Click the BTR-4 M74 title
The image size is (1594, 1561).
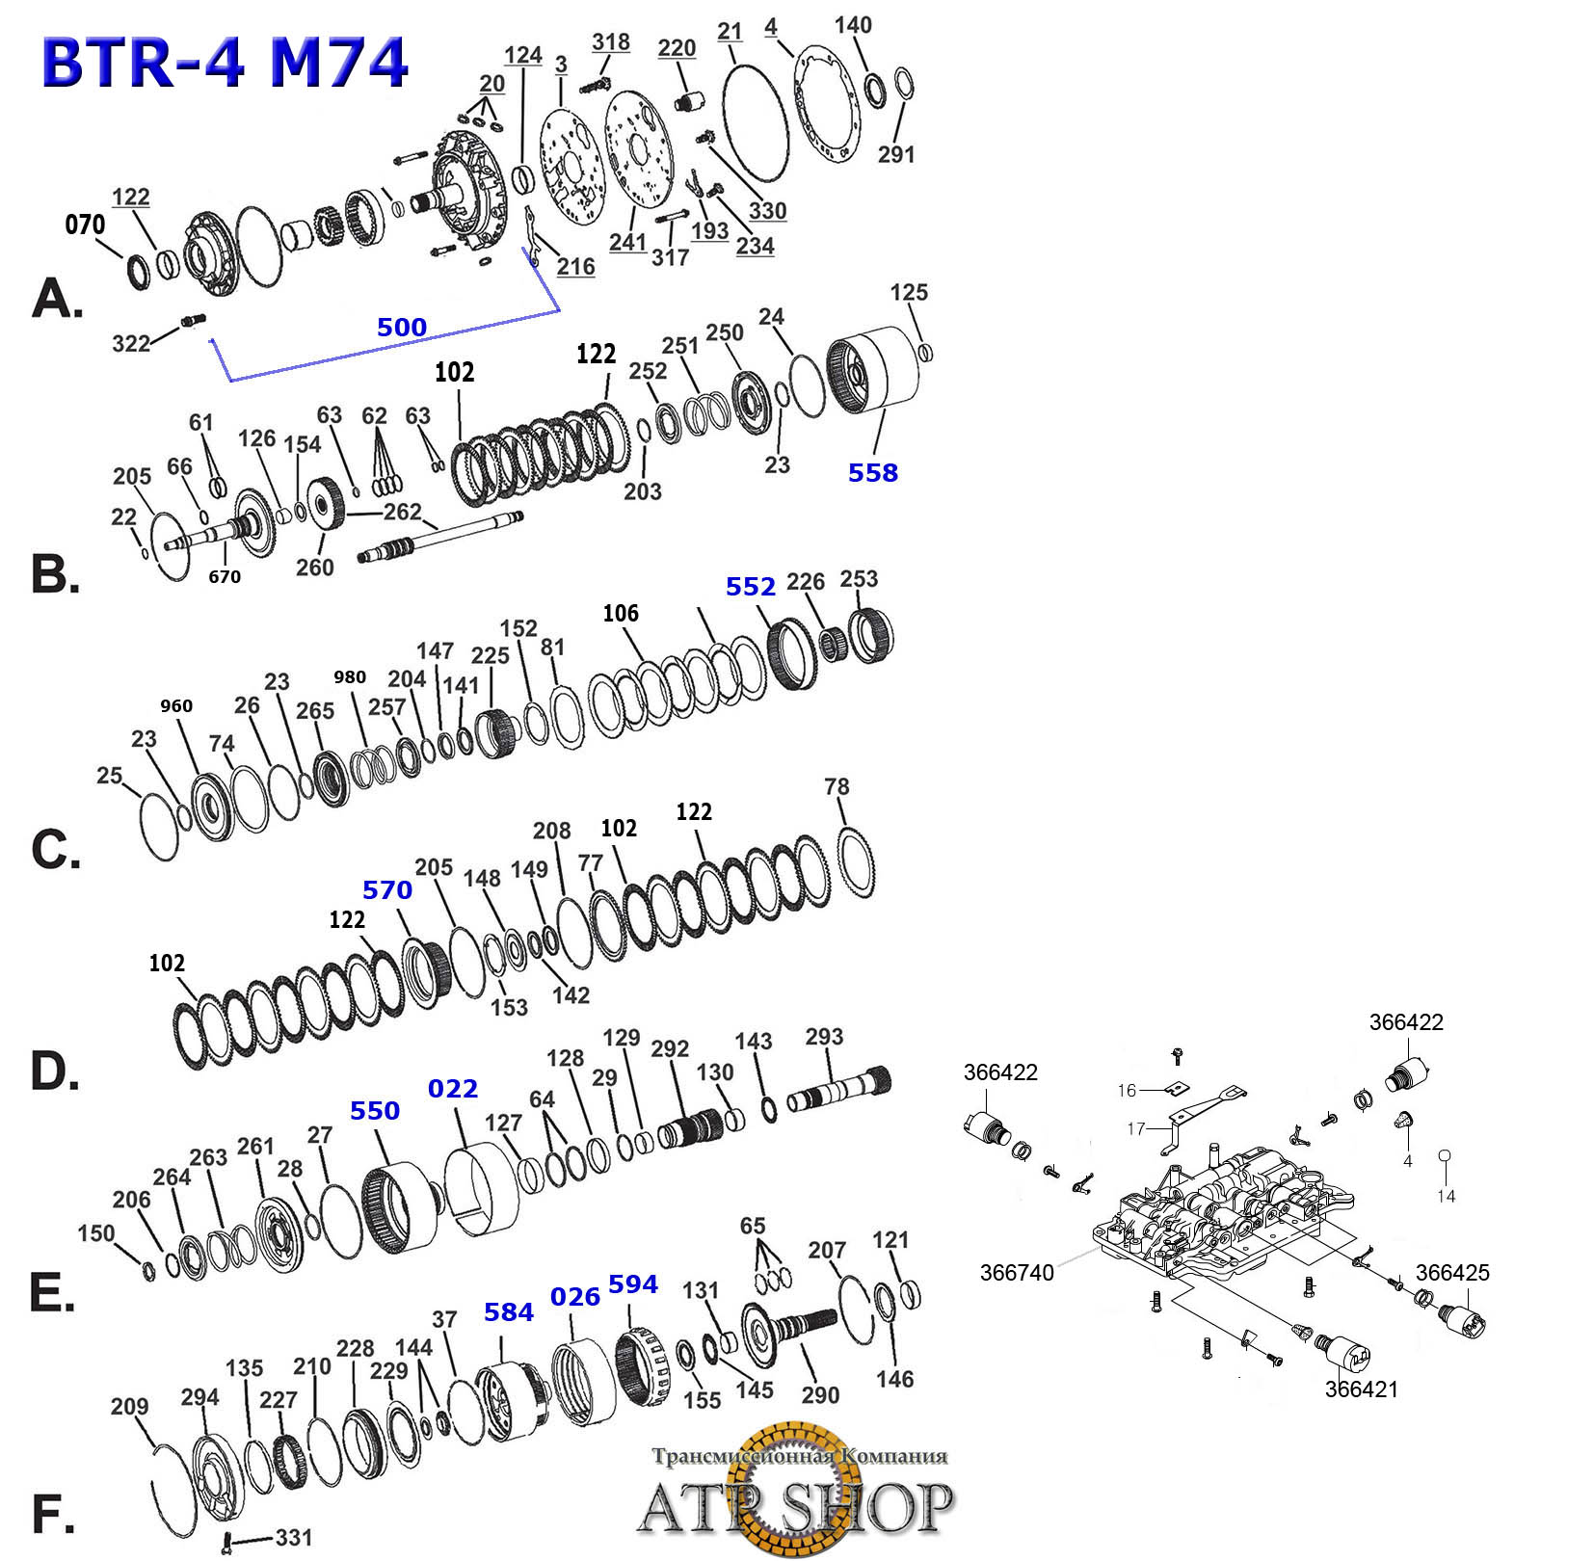pyautogui.click(x=225, y=63)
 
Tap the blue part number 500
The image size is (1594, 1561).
pyautogui.click(x=401, y=328)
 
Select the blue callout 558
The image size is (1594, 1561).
pyautogui.click(x=872, y=472)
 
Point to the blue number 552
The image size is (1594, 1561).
pyautogui.click(x=750, y=587)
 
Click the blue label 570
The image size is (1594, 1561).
pyautogui.click(x=386, y=890)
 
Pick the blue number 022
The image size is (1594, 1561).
pyautogui.click(x=452, y=1089)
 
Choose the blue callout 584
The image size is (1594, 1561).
pyautogui.click(x=508, y=1312)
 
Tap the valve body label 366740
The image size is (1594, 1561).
pyautogui.click(x=1016, y=1272)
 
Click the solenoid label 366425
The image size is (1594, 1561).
pyautogui.click(x=1451, y=1272)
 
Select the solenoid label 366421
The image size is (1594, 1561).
pyautogui.click(x=1361, y=1389)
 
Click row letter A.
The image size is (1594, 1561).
pyautogui.click(x=56, y=298)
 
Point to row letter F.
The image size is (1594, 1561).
pyautogui.click(x=52, y=1514)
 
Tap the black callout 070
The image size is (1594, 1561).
pyautogui.click(x=85, y=225)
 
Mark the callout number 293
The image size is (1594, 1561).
pyautogui.click(x=824, y=1037)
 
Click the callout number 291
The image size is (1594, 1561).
pyautogui.click(x=895, y=154)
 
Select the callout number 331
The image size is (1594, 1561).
pyautogui.click(x=293, y=1537)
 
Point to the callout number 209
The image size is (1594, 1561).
pyautogui.click(x=129, y=1407)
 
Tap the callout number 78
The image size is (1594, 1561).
pyautogui.click(x=837, y=786)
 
